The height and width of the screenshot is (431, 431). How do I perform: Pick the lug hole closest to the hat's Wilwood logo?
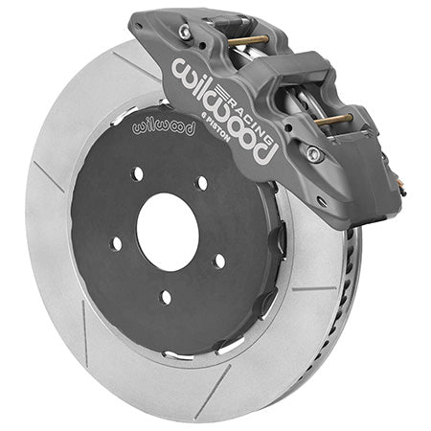click(x=138, y=173)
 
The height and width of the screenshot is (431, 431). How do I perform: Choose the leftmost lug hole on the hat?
click(x=116, y=242)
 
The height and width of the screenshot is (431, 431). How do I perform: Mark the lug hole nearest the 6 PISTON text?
click(x=201, y=182)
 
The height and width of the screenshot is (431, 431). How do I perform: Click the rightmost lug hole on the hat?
click(x=220, y=260)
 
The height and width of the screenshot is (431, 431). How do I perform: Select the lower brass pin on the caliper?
click(x=334, y=120)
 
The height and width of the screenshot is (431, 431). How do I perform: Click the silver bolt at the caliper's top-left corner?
click(x=184, y=32)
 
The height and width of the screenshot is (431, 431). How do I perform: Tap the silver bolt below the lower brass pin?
click(x=313, y=153)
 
